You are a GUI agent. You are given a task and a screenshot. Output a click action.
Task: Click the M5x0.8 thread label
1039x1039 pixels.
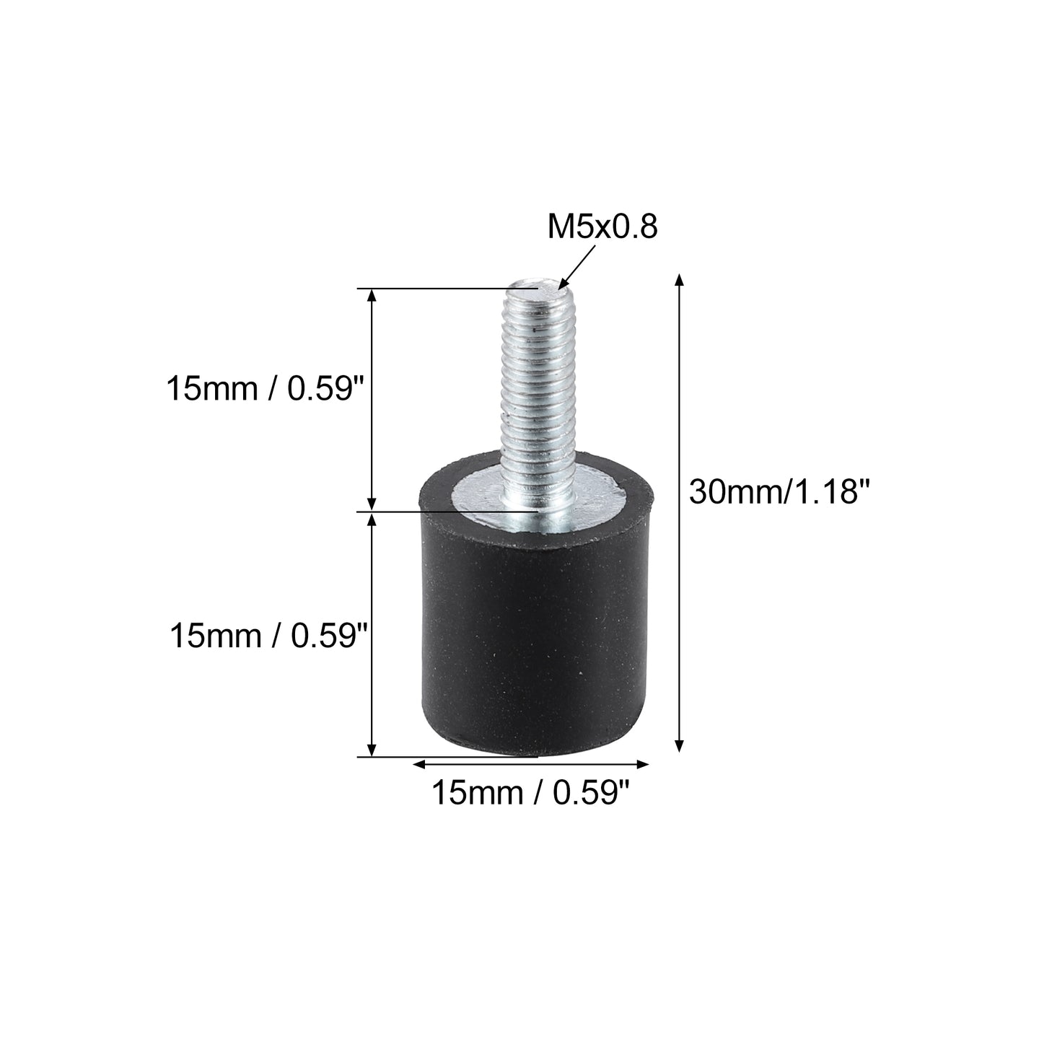(602, 227)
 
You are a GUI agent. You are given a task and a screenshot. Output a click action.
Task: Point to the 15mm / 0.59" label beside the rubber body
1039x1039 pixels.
(268, 636)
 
